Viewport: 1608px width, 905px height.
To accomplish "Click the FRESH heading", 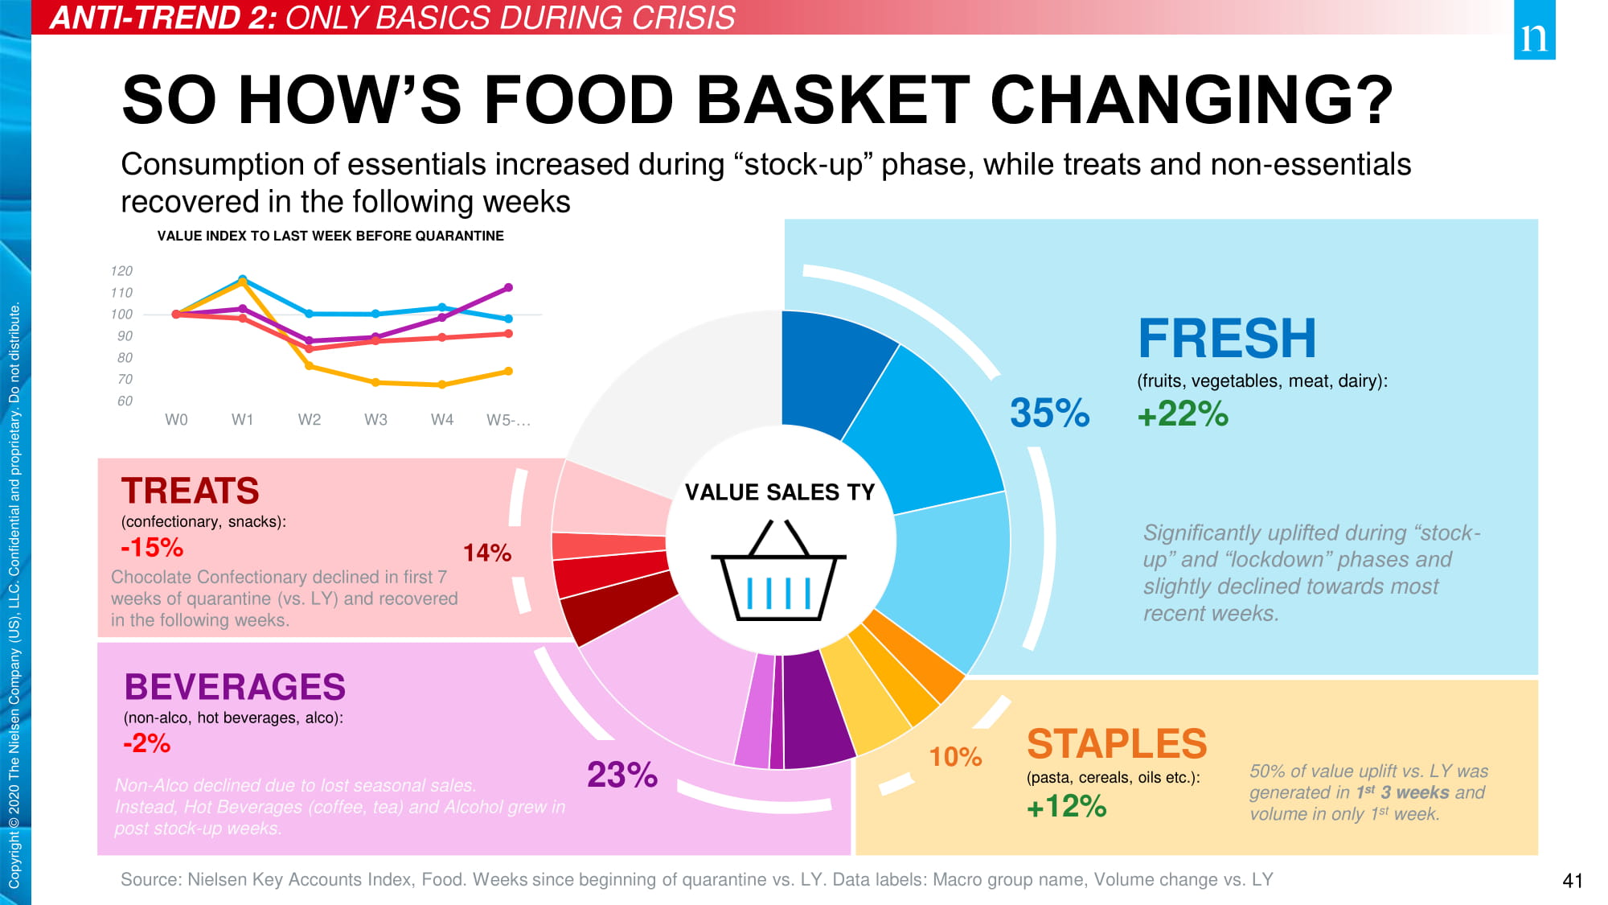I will coord(1227,339).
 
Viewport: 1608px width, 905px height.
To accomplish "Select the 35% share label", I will coord(1049,413).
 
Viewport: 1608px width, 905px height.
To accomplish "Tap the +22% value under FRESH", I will coord(1183,414).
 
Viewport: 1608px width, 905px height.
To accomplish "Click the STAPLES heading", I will coord(1117,744).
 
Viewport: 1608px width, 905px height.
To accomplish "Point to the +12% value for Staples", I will coord(1066,806).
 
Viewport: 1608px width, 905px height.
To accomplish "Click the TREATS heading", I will coord(191,491).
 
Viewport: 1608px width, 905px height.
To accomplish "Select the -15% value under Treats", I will coord(152,548).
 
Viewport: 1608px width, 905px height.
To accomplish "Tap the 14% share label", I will coord(487,553).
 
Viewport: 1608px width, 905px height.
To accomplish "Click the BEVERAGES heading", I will coord(235,687).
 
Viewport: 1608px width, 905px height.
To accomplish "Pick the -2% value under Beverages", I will coord(146,743).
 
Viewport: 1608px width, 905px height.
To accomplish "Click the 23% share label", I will coord(622,775).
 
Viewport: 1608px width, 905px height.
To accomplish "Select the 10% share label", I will coord(955,757).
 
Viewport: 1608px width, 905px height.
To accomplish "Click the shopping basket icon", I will coord(778,572).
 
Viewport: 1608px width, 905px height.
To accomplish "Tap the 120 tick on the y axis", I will coord(121,271).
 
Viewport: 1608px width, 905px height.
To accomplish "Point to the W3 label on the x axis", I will coord(375,420).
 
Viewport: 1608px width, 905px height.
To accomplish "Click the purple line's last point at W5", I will coord(508,287).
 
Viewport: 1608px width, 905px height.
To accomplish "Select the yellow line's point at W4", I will coord(442,385).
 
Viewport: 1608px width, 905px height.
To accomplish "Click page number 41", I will coord(1572,881).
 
